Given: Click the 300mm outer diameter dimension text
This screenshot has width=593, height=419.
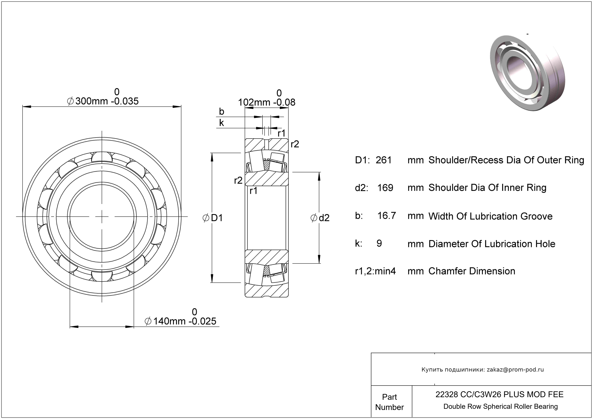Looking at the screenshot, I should (103, 101).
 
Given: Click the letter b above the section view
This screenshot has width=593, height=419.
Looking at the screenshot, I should (221, 112).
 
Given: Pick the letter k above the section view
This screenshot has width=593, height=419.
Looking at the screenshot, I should (221, 123).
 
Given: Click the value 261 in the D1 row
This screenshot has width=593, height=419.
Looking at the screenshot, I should (384, 160).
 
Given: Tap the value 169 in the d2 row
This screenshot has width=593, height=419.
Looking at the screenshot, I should (385, 188).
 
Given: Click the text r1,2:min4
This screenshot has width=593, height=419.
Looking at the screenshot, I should (375, 271).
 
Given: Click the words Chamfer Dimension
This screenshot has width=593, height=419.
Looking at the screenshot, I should (472, 271).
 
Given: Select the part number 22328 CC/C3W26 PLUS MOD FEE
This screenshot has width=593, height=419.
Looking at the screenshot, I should (499, 394).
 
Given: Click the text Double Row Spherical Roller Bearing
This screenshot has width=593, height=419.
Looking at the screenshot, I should (500, 406).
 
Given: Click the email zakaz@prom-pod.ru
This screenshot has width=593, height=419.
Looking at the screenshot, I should (515, 369).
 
